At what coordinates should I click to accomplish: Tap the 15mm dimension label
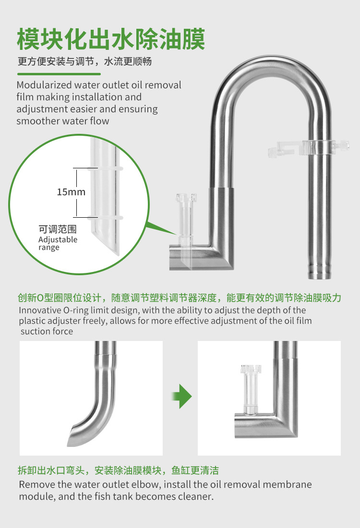[71, 192]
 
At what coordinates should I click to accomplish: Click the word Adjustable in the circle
[58, 239]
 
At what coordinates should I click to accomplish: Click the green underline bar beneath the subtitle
[59, 74]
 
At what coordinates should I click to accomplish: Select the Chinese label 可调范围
[58, 230]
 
